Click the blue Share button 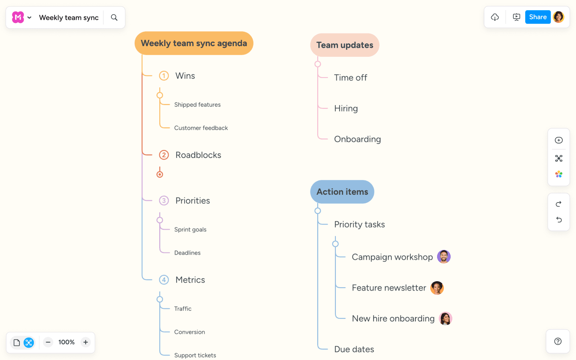coord(537,17)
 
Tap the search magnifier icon coord(114,17)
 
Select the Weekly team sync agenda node coord(194,43)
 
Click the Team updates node coord(344,45)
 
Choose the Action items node coord(342,192)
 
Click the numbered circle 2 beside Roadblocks coord(164,155)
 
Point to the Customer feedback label coord(201,128)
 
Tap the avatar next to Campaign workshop coord(443,257)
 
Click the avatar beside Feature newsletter coord(437,288)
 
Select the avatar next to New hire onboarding coord(445,318)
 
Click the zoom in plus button coord(86,342)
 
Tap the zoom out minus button coord(48,342)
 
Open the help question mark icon coord(558,341)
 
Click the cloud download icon coord(495,17)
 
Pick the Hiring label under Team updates coord(346,108)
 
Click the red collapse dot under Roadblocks coord(160,174)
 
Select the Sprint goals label coord(190,230)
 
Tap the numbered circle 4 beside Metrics coord(164,280)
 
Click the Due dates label coord(354,349)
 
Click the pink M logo coord(18,17)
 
